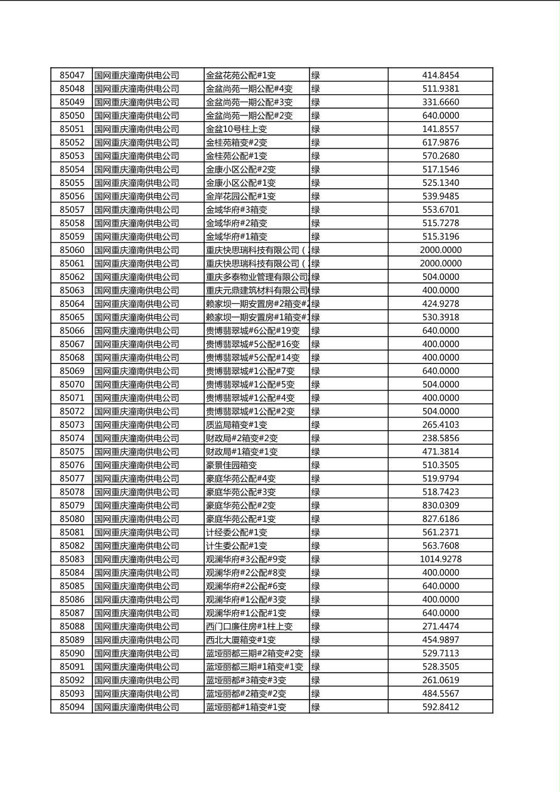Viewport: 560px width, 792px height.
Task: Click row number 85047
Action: coord(72,75)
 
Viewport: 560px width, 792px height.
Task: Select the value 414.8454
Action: coord(441,75)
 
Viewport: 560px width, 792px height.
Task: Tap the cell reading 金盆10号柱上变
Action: coord(236,129)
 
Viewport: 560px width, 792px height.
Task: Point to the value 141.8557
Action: coord(441,129)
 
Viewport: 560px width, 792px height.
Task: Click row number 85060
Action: coord(72,250)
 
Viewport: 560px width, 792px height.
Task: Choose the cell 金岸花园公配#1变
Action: coord(240,196)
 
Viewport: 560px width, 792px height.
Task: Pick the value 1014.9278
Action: coord(441,559)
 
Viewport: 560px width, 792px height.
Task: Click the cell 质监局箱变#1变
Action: coord(236,425)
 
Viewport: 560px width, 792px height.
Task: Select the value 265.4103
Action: coord(441,425)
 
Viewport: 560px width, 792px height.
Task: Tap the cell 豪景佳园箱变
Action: coord(231,465)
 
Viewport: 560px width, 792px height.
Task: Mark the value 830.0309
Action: coord(441,505)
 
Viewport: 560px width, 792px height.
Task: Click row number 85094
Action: coord(72,707)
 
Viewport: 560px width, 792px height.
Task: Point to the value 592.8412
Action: coord(441,707)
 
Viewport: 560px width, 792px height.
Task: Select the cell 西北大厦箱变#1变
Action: coord(240,640)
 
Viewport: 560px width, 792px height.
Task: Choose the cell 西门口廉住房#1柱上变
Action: coord(249,626)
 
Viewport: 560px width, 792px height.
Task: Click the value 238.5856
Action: coord(441,438)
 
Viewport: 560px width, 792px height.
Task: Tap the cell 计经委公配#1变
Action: coord(236,532)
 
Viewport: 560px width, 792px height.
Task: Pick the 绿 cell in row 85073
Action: coord(316,425)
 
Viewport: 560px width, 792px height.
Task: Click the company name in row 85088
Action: coord(137,626)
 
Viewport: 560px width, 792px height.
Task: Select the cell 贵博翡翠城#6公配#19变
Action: coord(252,331)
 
